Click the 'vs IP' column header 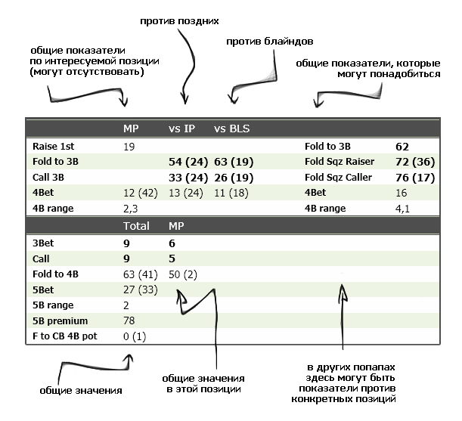point(181,128)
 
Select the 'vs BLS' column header point(232,128)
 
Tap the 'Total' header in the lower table point(137,226)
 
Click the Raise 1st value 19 point(129,145)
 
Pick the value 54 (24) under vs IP point(186,161)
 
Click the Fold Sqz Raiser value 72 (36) point(414,161)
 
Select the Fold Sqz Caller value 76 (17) point(414,177)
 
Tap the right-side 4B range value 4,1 point(402,208)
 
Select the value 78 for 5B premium point(129,320)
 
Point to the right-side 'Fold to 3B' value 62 point(402,145)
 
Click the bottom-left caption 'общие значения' point(81,391)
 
